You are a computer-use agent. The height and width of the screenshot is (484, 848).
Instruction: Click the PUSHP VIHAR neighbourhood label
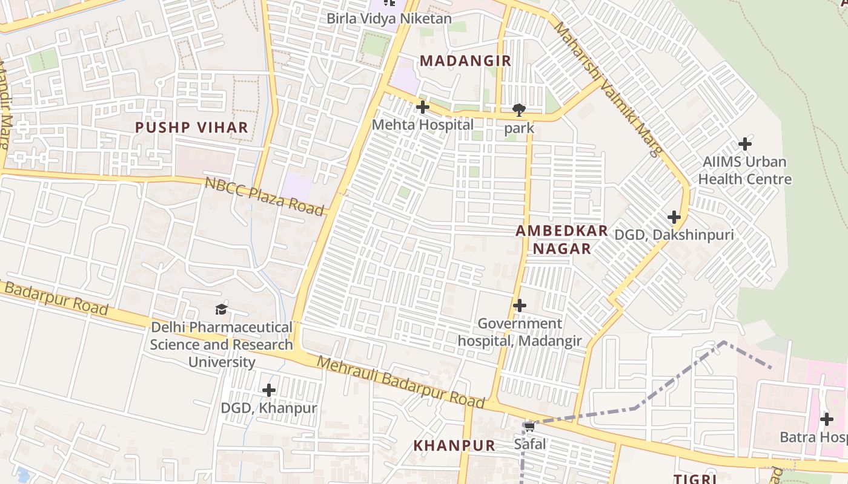point(191,128)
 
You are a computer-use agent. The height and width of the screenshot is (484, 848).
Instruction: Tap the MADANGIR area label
point(465,61)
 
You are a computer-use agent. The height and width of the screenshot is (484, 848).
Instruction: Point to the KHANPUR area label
point(454,446)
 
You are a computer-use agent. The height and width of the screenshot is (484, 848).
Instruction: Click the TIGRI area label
point(695,479)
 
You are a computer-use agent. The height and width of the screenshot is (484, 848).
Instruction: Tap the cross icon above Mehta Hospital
point(423,108)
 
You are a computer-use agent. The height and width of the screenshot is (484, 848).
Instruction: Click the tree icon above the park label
point(518,110)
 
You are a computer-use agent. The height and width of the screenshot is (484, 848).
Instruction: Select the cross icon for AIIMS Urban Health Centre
point(745,144)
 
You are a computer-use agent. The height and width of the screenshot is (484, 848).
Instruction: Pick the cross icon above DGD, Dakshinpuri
point(674,217)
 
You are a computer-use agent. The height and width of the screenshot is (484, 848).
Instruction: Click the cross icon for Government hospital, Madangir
point(519,306)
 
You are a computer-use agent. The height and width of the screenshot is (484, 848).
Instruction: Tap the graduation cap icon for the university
point(221,310)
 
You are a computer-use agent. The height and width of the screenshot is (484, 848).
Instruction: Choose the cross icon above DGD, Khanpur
point(269,390)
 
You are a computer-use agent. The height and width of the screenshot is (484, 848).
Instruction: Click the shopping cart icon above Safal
point(529,427)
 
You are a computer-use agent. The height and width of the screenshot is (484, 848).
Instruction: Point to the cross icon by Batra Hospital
point(826,419)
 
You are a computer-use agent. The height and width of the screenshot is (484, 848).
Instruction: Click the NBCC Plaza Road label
point(264,196)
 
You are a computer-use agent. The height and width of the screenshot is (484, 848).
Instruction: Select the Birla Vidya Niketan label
point(389,19)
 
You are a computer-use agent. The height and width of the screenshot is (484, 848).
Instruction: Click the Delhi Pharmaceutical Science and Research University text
point(221,345)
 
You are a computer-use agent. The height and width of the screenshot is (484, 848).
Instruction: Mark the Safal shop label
point(530,444)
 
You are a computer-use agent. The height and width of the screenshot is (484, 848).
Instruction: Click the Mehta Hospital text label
point(423,125)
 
